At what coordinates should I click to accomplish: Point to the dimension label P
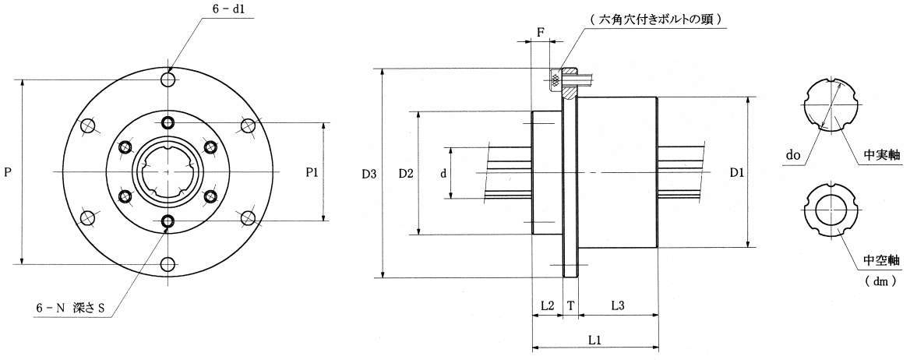[7, 172]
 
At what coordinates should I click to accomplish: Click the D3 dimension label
[369, 172]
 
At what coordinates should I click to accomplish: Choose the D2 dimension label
[406, 172]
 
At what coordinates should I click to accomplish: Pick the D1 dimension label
[737, 172]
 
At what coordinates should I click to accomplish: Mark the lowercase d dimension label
[443, 173]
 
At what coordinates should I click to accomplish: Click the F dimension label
[541, 30]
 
